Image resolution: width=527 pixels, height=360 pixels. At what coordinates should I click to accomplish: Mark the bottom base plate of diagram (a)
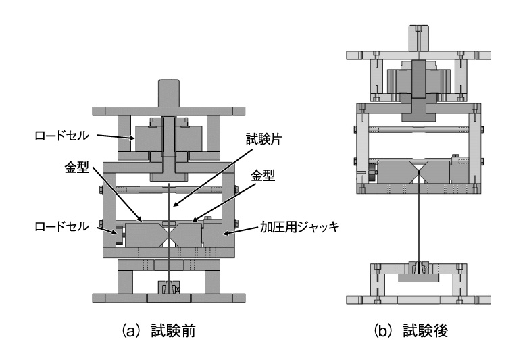coord(167,298)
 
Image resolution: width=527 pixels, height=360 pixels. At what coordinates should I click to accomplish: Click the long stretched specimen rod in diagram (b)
coord(419,223)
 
